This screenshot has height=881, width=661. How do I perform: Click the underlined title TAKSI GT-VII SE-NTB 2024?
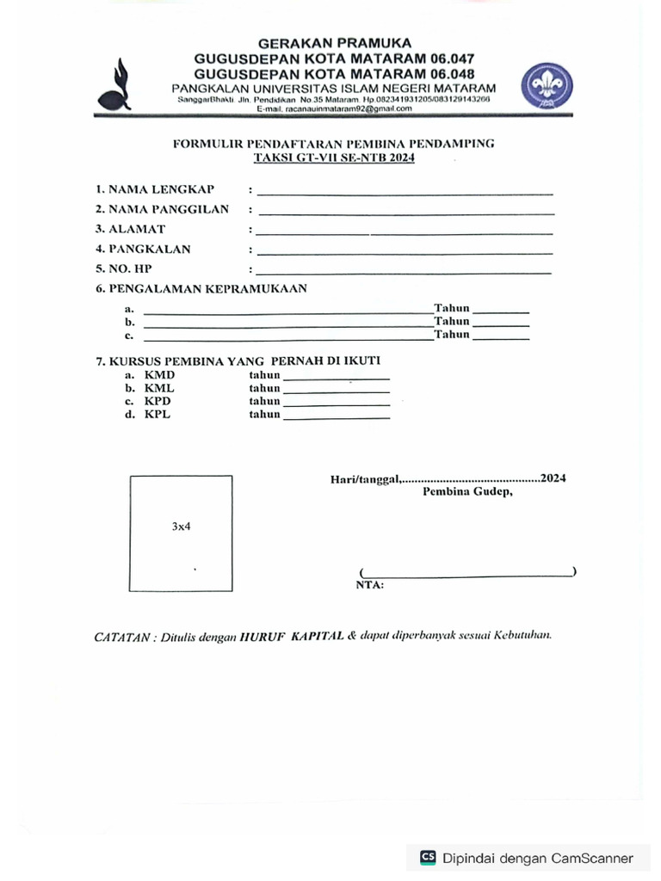point(333,158)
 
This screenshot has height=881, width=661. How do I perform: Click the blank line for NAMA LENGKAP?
point(405,193)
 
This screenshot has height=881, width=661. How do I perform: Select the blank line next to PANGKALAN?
point(405,253)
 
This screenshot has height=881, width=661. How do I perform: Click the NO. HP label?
point(124,268)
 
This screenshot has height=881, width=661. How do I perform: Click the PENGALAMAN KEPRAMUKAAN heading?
point(201,289)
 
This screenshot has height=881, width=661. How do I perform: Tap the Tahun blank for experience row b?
point(501,325)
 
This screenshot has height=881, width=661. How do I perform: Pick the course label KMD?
point(159,375)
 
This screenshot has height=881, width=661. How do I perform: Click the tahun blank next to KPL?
point(337,417)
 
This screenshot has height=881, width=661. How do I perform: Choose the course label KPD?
point(158,401)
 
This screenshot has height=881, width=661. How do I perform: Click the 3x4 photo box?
point(181,533)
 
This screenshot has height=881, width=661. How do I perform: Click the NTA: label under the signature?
point(369,585)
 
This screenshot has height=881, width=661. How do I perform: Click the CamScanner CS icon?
point(428,857)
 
